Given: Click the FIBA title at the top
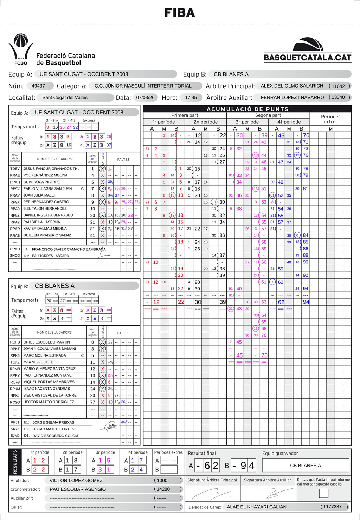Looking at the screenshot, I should click(x=180, y=13).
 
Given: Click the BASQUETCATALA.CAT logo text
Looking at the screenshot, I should click(x=308, y=57).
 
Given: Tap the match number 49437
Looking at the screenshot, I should click(x=38, y=86).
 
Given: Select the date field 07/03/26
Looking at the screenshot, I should click(x=146, y=97).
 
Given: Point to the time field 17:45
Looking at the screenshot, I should click(x=191, y=97).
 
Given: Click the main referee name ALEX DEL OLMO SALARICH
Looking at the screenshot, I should click(x=292, y=86).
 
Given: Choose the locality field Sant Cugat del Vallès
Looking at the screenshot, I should click(x=65, y=97).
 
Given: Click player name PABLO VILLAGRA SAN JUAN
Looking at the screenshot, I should click(x=47, y=188).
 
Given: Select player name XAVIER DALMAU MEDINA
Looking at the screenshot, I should click(x=45, y=229).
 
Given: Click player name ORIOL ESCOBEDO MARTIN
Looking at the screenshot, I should click(x=46, y=342).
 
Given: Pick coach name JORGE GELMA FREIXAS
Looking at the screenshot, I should click(x=53, y=422).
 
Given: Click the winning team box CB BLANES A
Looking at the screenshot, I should click(x=306, y=465).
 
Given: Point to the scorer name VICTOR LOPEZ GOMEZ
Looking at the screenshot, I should click(x=76, y=480).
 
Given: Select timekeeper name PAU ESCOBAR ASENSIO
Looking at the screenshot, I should click(x=78, y=489).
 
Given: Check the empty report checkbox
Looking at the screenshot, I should click(x=323, y=493).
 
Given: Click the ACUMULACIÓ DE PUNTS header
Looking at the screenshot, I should click(x=247, y=109).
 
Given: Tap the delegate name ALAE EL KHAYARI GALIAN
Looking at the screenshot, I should click(x=257, y=507).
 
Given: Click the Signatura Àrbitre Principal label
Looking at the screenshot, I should click(x=212, y=480).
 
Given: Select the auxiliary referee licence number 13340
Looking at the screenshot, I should click(x=338, y=97).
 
